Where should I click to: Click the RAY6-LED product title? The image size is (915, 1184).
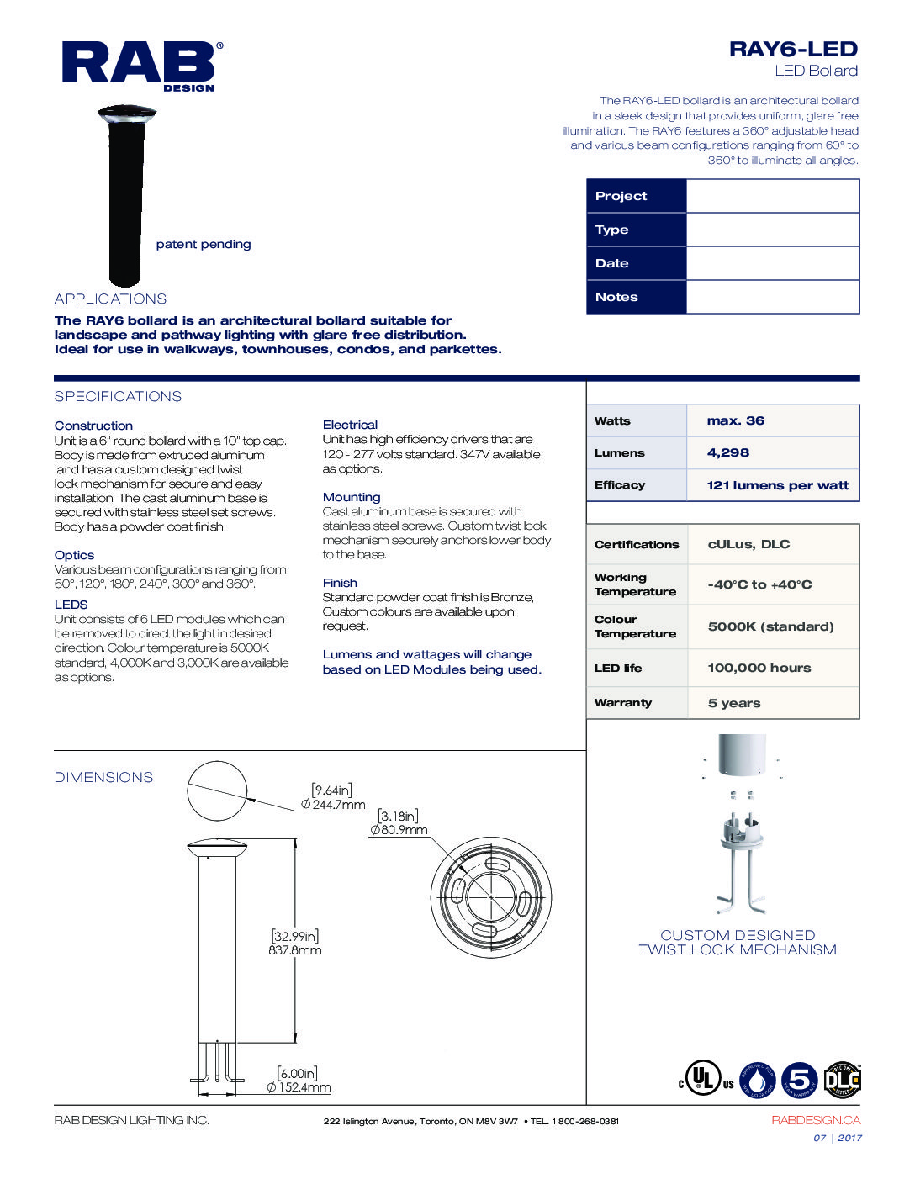click(792, 50)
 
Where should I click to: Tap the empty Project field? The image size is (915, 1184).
click(772, 196)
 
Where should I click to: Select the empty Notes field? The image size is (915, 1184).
click(772, 297)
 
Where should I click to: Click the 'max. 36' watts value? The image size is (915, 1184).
click(736, 420)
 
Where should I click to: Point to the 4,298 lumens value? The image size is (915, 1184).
click(728, 452)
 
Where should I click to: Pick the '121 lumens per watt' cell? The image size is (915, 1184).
click(777, 485)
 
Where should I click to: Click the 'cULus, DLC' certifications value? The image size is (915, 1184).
click(748, 544)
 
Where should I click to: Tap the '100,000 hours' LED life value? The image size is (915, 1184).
click(759, 668)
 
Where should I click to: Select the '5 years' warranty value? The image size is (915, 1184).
click(733, 703)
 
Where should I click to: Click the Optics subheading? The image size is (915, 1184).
click(74, 555)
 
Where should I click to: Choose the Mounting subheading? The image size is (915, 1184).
click(352, 497)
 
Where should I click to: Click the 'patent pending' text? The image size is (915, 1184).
click(204, 244)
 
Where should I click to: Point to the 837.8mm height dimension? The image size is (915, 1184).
click(295, 950)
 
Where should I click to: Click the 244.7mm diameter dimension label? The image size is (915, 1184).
click(333, 805)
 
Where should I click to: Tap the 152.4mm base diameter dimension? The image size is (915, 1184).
click(299, 1087)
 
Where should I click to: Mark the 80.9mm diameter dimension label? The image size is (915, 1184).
click(399, 830)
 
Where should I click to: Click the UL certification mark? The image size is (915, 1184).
click(705, 1078)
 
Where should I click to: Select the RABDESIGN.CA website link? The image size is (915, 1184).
click(815, 1120)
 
